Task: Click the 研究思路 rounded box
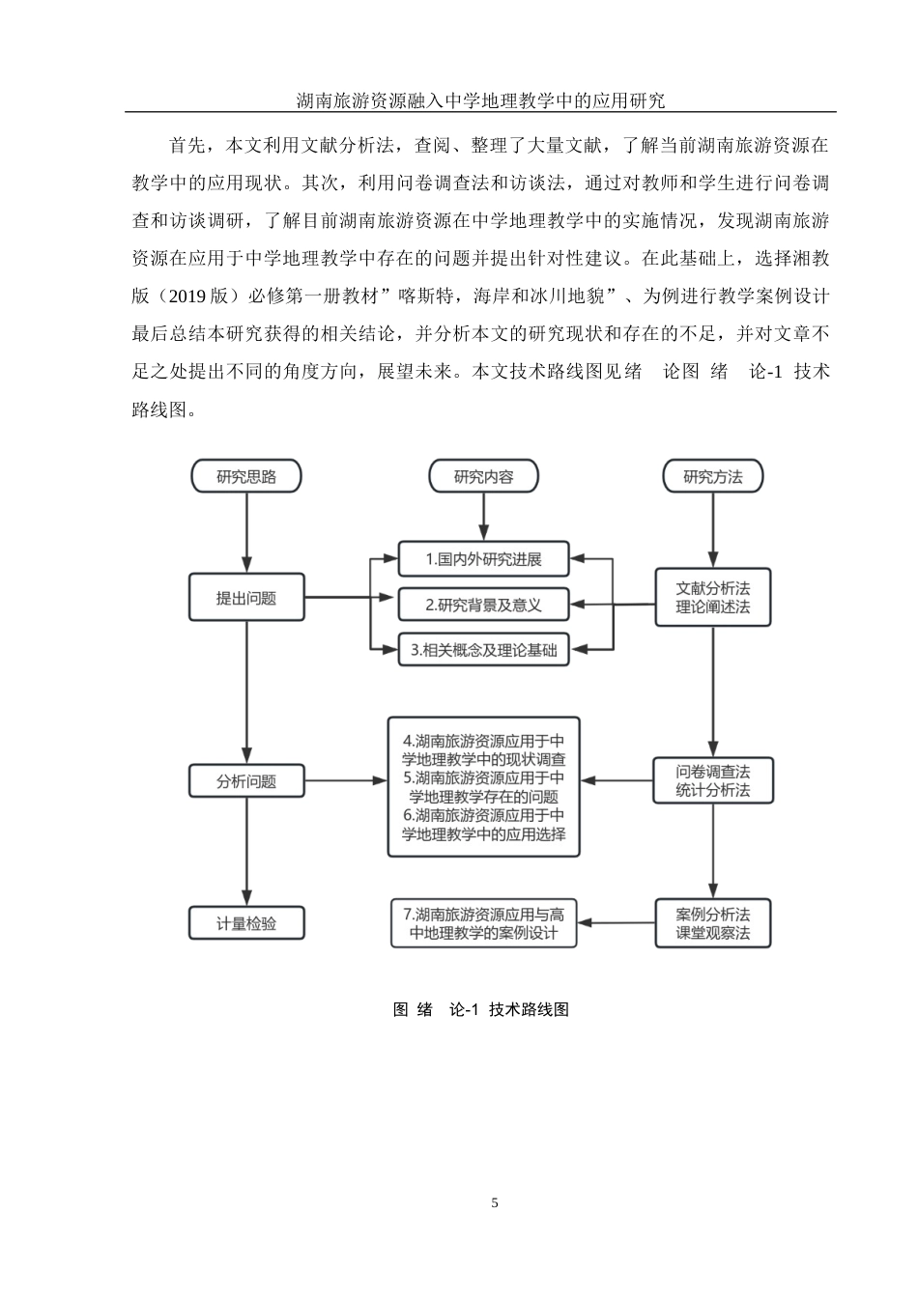246,476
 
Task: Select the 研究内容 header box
483,476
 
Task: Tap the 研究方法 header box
713,476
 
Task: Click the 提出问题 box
246,598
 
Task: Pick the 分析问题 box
246,781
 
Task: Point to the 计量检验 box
246,923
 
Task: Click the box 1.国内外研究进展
483,558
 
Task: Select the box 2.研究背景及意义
483,605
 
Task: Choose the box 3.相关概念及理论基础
483,650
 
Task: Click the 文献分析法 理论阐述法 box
713,598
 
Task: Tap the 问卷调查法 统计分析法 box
713,781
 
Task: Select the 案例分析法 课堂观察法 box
713,923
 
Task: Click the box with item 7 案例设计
483,923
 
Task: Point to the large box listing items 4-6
483,787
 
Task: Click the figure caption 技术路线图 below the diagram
480,1009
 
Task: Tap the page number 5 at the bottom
495,1202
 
